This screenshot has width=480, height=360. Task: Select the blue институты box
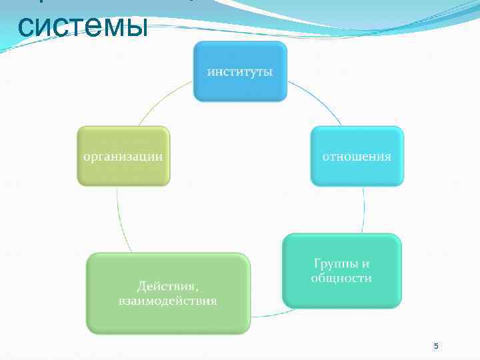click(x=240, y=71)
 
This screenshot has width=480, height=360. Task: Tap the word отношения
click(x=357, y=157)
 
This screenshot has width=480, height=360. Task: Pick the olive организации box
click(x=123, y=156)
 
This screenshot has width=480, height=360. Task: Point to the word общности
click(x=341, y=278)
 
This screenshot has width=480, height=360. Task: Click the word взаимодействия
click(x=168, y=301)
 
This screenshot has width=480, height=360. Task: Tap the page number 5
click(x=436, y=346)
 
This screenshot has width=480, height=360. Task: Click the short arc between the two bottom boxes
click(x=267, y=312)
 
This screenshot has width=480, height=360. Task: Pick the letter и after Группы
click(x=365, y=263)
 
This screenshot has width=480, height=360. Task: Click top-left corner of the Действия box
click(x=89, y=255)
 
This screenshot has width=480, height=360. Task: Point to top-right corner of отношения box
click(x=402, y=128)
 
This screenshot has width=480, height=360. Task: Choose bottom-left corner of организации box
click(x=78, y=183)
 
